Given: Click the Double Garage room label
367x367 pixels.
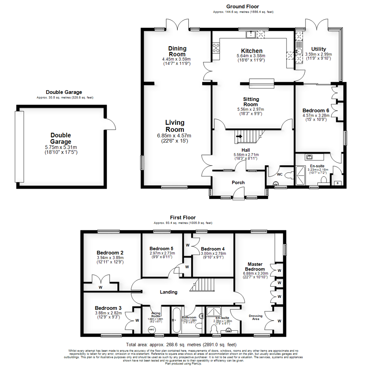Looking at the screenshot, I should tap(61, 138).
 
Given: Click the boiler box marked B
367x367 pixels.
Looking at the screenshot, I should tap(337, 183).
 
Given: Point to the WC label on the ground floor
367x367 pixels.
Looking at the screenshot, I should tap(279, 174).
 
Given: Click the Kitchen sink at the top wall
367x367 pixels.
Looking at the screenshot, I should tap(251, 34).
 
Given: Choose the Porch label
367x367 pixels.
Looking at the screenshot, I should tap(238, 182).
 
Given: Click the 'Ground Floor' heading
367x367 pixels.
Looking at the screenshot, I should tap(243, 6).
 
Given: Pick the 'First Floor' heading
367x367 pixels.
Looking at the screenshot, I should tap(183, 217).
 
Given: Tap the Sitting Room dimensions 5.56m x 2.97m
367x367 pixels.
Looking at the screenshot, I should tap(251, 109).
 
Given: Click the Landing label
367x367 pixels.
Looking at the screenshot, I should tap(169, 292).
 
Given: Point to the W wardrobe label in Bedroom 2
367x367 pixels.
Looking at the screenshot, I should tap(101, 287).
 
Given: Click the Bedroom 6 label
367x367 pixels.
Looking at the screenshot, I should tap(316, 110).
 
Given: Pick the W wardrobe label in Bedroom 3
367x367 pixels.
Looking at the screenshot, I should tap(137, 320).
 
